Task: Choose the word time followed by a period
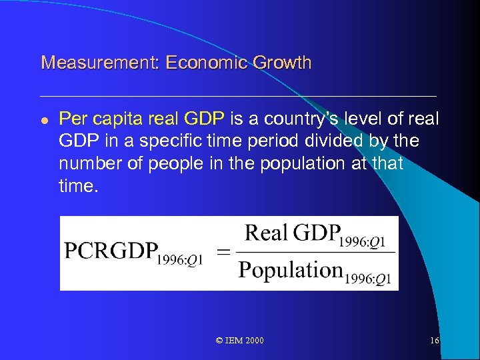coord(77,187)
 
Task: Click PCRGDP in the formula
coord(110,252)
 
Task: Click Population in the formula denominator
coord(291,270)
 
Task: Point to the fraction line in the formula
coord(315,252)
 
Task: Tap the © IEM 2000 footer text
coord(240,341)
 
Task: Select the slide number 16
coord(434,341)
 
